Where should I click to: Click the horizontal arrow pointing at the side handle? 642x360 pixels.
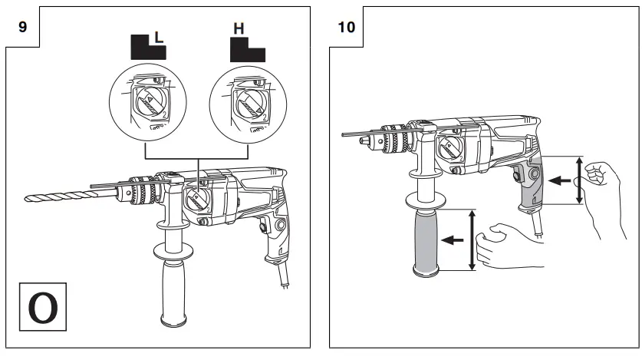[456, 239]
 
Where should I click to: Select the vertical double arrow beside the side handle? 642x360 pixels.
[472, 239]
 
